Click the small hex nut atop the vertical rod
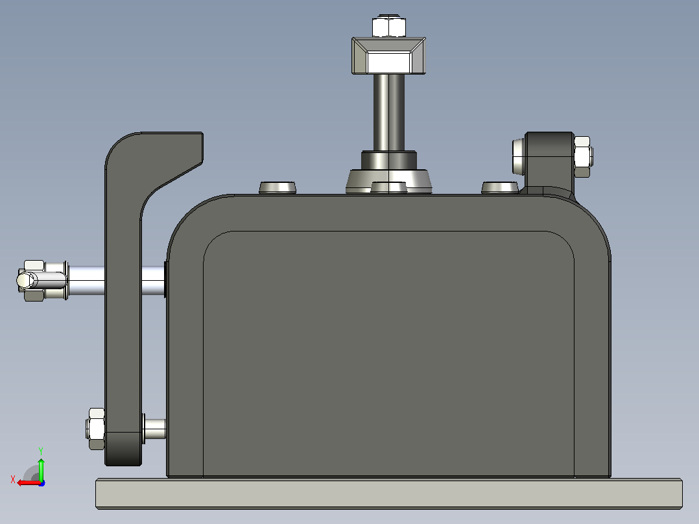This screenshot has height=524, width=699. (389, 26)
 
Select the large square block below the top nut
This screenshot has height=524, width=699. (389, 56)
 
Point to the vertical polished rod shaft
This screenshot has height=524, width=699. (389, 112)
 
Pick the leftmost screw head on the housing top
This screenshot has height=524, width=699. (278, 187)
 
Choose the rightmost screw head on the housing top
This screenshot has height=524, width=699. (500, 187)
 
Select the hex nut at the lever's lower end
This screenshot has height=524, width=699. (96, 429)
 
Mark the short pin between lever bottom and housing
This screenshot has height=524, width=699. (155, 429)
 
